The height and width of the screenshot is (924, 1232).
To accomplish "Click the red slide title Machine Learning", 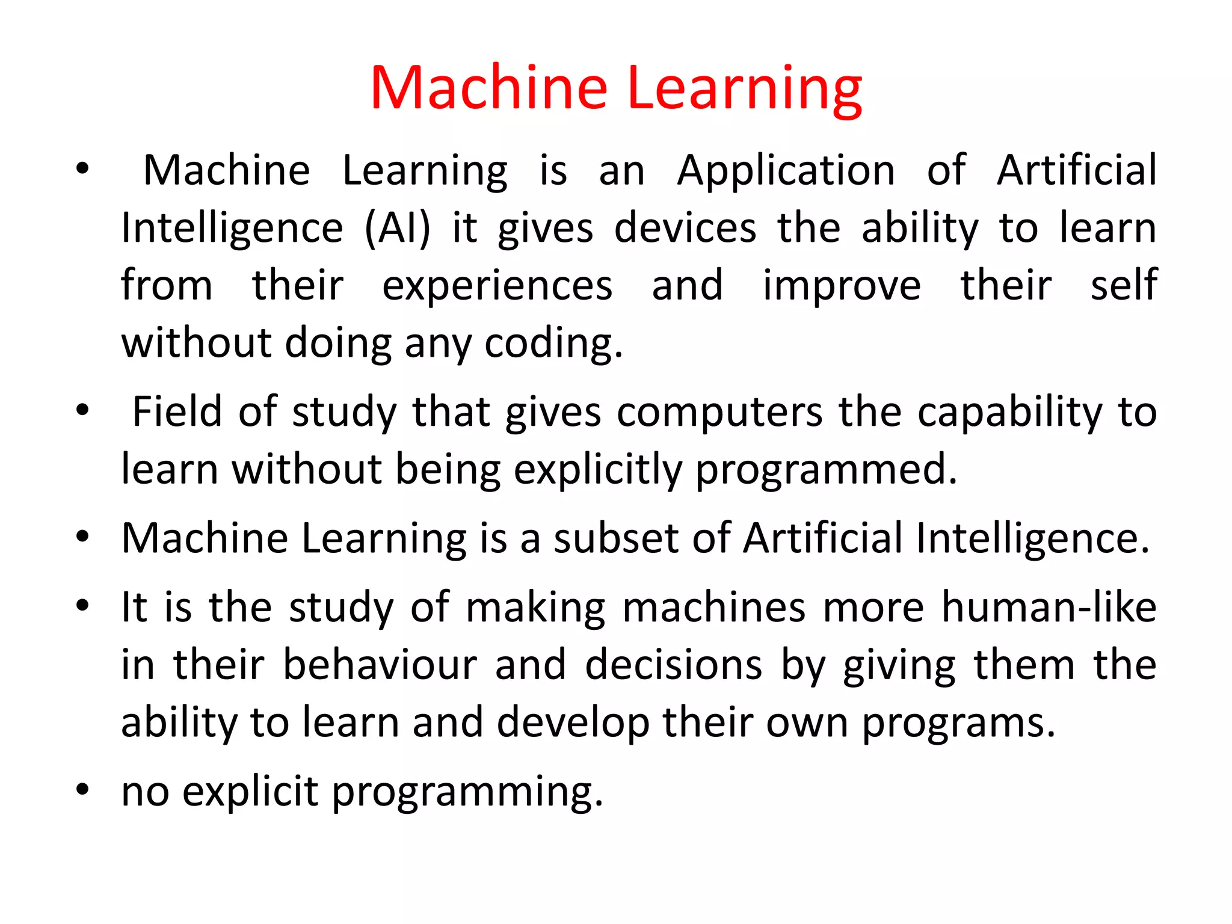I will click(616, 89).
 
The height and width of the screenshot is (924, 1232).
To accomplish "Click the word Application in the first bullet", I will click(786, 171).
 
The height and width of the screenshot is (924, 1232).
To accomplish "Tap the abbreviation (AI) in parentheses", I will click(398, 229).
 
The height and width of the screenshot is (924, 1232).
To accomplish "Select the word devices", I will click(685, 229).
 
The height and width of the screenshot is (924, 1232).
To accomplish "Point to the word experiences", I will click(497, 286).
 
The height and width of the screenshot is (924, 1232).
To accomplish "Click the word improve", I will click(842, 286).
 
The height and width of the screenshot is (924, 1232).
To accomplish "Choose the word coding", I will click(553, 343).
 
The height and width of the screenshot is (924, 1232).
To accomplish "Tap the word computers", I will click(719, 412).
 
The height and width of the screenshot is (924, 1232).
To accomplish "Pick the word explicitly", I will click(598, 469).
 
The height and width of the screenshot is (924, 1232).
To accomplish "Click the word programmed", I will click(826, 469).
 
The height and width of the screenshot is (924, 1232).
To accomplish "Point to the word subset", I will click(616, 538).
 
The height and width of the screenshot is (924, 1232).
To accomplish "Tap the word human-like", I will click(1049, 607).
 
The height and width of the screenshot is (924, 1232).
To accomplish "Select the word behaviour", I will click(380, 665).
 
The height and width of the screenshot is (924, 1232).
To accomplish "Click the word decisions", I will click(674, 665).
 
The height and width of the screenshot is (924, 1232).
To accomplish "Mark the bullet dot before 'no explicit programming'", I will click(83, 789).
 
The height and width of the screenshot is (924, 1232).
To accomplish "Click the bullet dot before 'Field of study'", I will click(83, 410).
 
